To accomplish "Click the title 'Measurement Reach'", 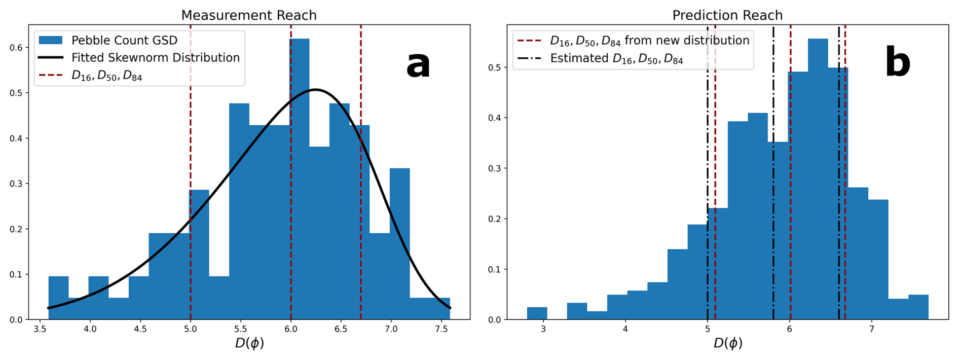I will coord(249,15).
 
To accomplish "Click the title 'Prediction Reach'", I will coord(727,15).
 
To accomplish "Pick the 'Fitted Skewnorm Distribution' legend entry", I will coord(155,58).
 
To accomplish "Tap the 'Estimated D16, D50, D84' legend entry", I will coord(616,59).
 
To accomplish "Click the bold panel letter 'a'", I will coord(418,65).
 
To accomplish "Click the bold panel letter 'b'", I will coord(897,63).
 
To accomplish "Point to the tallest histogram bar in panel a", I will coord(299,177).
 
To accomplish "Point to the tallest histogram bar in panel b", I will coord(818,177).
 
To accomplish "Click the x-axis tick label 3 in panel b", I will coord(543,329).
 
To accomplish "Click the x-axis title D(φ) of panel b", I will coord(728,344).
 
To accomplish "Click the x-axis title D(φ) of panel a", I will coord(249,344).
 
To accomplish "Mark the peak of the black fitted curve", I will coord(315,90).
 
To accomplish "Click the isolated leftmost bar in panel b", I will coord(537,313).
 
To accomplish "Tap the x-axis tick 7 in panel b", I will coord(872,329).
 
